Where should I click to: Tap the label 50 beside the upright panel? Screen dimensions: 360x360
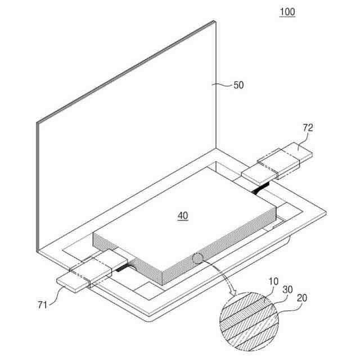(238, 85)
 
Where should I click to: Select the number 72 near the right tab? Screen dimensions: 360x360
(307, 128)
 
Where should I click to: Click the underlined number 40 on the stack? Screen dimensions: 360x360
(183, 215)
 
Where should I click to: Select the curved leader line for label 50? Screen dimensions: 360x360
(223, 84)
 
